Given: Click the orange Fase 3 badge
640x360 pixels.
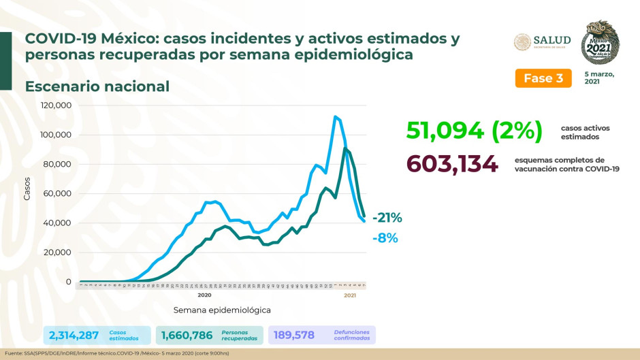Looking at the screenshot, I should (x=543, y=78).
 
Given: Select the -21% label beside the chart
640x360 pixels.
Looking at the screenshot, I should (x=387, y=218).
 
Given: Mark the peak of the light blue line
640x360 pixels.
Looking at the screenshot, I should (x=335, y=116).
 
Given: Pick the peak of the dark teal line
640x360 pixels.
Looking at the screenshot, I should (x=346, y=148).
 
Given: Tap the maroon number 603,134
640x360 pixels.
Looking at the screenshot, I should (x=452, y=164).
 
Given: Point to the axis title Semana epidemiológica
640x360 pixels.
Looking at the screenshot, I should (x=222, y=310).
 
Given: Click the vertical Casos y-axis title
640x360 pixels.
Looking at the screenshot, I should (x=28, y=193).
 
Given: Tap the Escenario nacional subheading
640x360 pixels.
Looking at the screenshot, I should (x=97, y=86).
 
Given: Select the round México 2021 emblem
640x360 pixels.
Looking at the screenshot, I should (x=600, y=42).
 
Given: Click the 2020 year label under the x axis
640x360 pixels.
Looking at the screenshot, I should (x=204, y=295).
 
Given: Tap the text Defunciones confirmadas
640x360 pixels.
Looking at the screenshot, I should (x=352, y=335).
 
